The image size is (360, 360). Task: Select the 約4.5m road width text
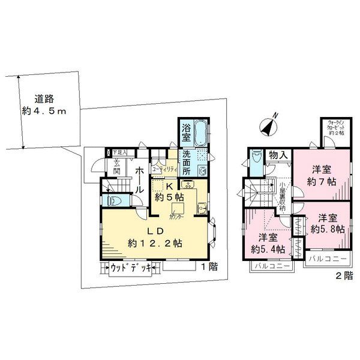pyautogui.click(x=50, y=110)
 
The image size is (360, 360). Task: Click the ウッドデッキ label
pyautogui.click(x=131, y=268)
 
